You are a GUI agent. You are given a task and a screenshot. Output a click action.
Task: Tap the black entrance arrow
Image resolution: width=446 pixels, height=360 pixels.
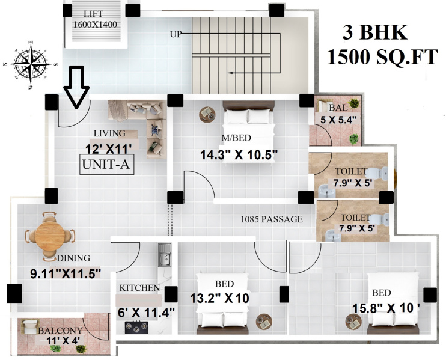pos(76,87)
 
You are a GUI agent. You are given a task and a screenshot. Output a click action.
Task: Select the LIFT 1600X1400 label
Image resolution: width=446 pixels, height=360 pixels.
pos(94,20)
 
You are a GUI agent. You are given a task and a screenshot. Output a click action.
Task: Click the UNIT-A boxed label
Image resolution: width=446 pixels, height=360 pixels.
pos(106,164)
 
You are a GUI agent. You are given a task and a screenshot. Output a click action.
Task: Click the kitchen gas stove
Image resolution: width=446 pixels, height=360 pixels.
pos(136,326)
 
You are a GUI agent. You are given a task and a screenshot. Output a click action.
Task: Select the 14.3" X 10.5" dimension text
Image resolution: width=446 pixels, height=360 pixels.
pos(239,154)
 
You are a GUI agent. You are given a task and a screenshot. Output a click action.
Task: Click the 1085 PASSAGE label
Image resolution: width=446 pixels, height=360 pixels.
pos(272,219)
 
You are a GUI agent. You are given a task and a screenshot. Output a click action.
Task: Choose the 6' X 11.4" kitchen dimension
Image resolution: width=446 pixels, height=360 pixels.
pos(145,312)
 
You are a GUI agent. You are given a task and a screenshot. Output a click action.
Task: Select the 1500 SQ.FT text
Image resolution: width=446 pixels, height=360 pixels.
pos(381,58)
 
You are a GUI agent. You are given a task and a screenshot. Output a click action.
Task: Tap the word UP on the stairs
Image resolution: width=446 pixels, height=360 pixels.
pos(176,34)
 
